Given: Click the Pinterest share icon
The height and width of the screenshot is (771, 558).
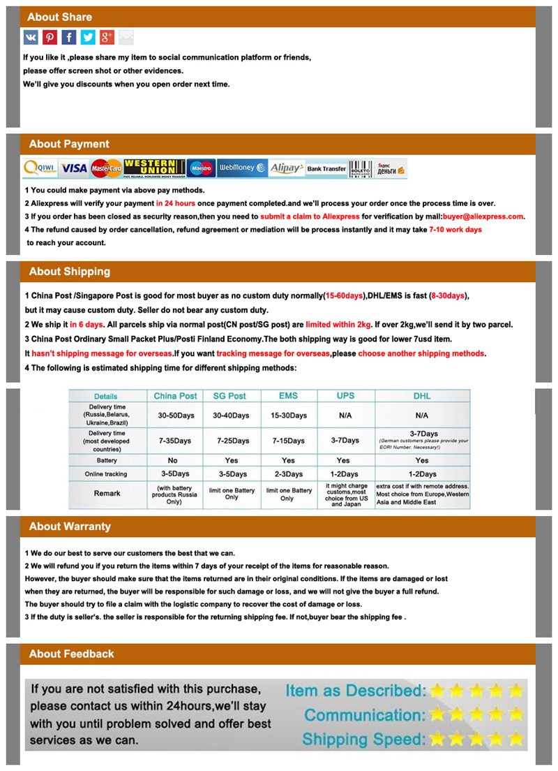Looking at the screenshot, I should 50,38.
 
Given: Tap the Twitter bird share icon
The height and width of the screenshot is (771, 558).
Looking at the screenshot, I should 88,38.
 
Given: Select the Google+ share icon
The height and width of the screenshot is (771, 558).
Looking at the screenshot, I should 107,38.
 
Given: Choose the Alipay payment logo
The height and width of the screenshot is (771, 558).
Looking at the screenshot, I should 287,168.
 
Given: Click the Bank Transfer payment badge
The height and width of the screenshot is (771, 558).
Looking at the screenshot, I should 326,169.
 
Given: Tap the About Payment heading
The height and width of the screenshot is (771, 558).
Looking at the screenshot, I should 69,145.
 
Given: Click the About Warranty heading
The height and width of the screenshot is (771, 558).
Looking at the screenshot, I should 70,527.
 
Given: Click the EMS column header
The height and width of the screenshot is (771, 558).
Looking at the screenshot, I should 288,396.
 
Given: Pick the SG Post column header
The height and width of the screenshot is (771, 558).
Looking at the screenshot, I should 229,396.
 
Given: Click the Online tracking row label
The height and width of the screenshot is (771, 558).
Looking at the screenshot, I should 107,474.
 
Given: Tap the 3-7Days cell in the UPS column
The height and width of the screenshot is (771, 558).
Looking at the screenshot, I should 345,441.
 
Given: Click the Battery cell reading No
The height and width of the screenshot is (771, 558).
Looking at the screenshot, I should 173,461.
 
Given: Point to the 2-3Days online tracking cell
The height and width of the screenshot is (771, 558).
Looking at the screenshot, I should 288,474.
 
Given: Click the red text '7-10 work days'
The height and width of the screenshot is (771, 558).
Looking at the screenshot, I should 455,230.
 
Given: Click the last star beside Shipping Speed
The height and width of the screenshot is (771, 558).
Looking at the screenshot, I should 515,739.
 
